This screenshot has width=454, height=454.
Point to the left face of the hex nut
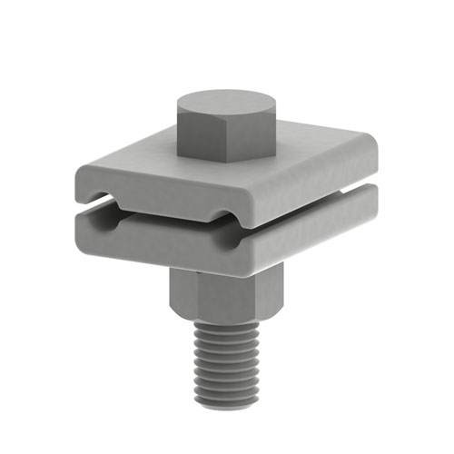[182, 295]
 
